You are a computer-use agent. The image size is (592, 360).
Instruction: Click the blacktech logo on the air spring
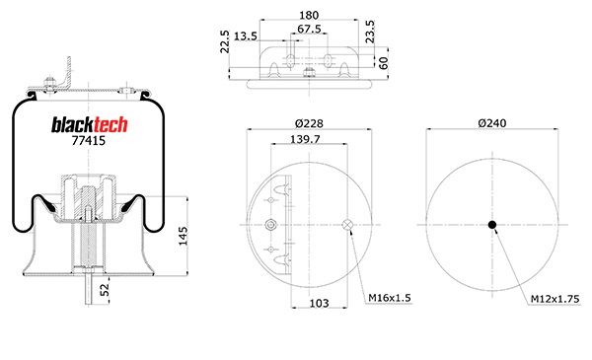(x=90, y=125)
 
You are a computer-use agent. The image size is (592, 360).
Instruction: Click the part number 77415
(x=89, y=141)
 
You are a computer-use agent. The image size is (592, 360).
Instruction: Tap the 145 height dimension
(x=183, y=236)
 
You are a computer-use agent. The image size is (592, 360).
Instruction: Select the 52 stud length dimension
(x=105, y=289)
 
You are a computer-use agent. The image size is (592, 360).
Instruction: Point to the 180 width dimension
(x=309, y=15)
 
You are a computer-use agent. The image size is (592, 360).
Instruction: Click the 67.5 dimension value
(x=309, y=29)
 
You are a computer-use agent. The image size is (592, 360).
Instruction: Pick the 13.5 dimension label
(x=246, y=36)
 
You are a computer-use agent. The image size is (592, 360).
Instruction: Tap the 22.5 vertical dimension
(x=225, y=41)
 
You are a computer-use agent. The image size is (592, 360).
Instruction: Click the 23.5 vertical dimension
(x=370, y=32)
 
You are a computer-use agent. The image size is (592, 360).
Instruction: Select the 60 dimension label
(x=383, y=63)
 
